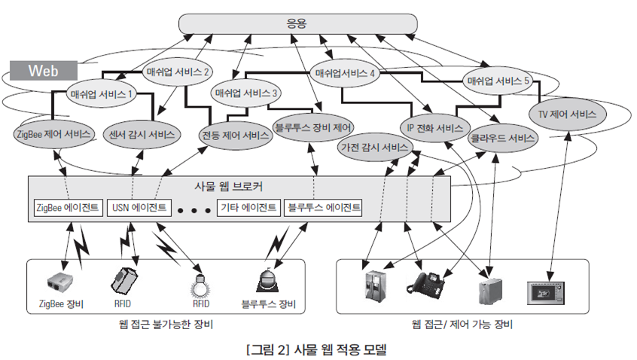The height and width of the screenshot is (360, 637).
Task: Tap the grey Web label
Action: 43,71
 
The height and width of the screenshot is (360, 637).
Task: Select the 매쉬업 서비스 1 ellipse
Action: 101,94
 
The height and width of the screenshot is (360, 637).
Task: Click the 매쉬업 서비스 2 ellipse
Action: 176,72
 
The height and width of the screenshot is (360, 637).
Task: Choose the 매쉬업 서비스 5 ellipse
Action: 498,80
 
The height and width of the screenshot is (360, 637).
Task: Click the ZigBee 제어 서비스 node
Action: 53,136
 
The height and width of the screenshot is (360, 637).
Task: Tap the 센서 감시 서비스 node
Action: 142,136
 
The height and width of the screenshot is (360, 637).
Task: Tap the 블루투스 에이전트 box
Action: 323,206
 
